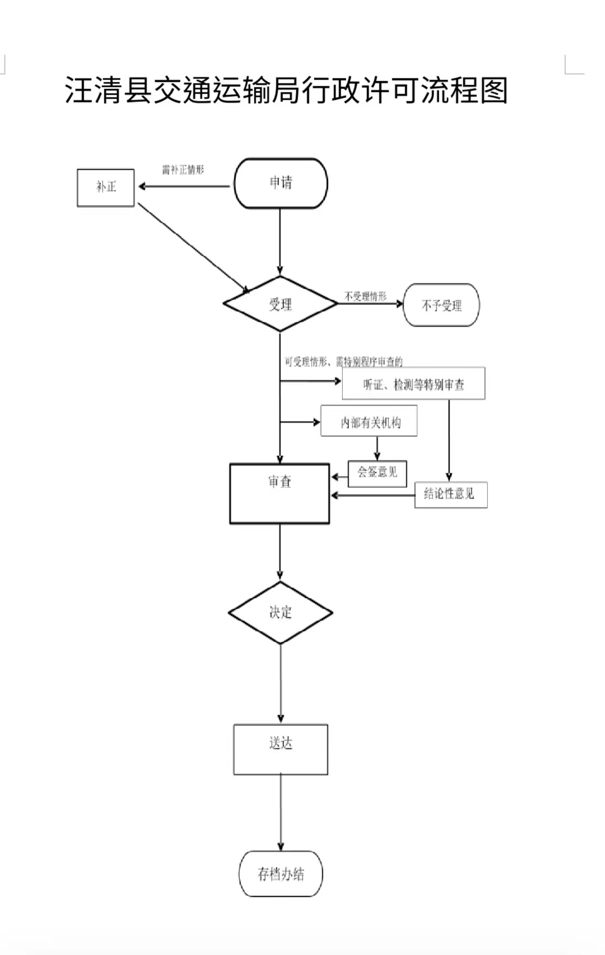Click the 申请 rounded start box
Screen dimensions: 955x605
pos(281,183)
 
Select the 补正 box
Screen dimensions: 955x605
pos(106,188)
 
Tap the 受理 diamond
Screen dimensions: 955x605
pos(280,304)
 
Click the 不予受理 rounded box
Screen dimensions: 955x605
pos(441,305)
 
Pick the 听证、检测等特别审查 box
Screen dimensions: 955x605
pos(413,384)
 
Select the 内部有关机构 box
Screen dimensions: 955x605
pos(369,422)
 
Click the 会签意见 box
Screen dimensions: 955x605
pos(377,473)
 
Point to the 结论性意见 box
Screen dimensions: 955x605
pos(450,495)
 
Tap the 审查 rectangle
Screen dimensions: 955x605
pos(280,493)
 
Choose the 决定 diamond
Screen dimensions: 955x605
pos(280,612)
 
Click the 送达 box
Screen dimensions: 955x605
pos(281,749)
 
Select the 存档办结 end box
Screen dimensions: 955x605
pos(281,874)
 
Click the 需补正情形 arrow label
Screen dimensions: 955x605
pos(183,170)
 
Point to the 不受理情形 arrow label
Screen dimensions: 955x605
pos(365,296)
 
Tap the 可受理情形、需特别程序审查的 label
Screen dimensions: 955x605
pos(343,362)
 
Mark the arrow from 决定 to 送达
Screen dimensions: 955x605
pos(281,683)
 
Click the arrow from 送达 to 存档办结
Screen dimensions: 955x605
pos(281,812)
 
